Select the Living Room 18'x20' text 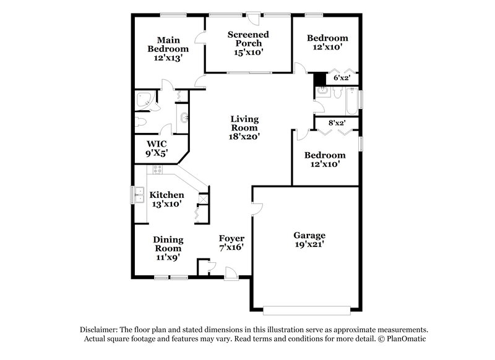pos(244,127)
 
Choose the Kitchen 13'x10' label pos(167,199)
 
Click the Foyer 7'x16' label pos(232,242)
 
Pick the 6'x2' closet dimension pos(342,79)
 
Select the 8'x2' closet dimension pos(337,123)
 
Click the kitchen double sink pos(139,195)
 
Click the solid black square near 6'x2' pos(319,80)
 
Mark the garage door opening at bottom pos(309,309)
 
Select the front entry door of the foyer pos(230,273)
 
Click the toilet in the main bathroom pos(142,121)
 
